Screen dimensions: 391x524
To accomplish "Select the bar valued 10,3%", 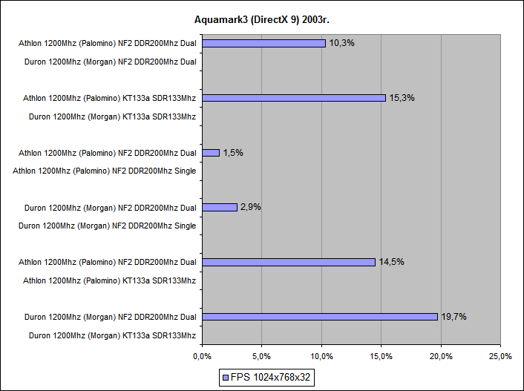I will point(263,43).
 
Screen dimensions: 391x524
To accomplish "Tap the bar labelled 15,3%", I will point(294,98).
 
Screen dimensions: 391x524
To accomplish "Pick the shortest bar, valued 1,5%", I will point(211,153).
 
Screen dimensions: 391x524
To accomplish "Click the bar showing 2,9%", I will point(220,207).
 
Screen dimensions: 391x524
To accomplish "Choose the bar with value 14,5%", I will point(289,262).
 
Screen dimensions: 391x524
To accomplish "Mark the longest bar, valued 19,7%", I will point(320,317).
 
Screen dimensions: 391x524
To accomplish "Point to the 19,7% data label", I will point(453,317).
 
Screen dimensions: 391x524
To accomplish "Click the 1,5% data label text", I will point(233,153).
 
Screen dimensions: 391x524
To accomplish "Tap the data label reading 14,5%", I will point(391,262).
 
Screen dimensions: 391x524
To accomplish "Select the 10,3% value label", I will point(341,43).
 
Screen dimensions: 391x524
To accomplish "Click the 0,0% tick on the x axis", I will point(202,357).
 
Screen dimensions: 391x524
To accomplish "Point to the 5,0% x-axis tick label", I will point(262,357).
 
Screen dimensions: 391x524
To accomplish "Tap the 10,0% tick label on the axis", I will point(321,357).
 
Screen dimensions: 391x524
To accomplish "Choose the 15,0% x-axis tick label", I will point(381,357).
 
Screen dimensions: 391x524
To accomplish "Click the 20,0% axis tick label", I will point(441,357).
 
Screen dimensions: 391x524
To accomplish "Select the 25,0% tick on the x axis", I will point(500,357).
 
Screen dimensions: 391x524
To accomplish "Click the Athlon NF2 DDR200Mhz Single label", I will point(105,171).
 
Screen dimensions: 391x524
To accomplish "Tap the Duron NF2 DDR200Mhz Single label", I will point(107,226).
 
